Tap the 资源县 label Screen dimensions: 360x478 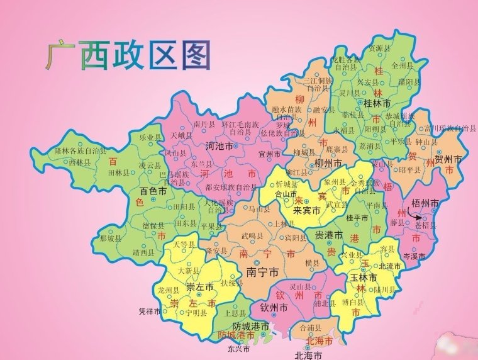pos(379,47)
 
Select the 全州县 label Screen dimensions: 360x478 pos(402,64)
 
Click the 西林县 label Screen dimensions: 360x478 pos(80,162)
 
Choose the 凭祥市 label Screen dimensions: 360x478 pos(152,311)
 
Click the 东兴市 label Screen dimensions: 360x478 pos(239,348)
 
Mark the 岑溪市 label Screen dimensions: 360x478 pos(414,257)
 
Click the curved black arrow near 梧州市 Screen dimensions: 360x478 pos(412,216)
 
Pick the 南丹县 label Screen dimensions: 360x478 pos(205,124)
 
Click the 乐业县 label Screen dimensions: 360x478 pos(150,137)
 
